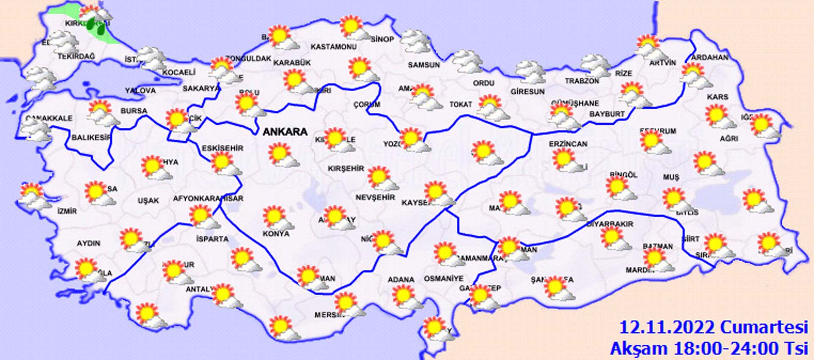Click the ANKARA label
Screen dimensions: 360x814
click(285, 132)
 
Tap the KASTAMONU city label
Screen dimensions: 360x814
click(333, 47)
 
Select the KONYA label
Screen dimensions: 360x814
click(276, 234)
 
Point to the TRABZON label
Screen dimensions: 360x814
click(582, 81)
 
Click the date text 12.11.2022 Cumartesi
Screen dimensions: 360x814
click(713, 328)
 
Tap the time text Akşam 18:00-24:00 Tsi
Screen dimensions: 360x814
click(709, 349)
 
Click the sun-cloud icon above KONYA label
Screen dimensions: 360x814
click(276, 218)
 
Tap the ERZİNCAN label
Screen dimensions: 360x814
click(568, 144)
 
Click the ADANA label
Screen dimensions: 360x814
click(401, 279)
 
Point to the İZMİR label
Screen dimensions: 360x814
click(67, 211)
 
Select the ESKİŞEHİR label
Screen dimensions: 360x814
click(222, 148)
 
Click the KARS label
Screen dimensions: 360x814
click(717, 97)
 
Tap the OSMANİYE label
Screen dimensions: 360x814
click(443, 279)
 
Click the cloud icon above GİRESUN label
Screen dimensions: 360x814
click(530, 72)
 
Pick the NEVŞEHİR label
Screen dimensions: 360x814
click(375, 198)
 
